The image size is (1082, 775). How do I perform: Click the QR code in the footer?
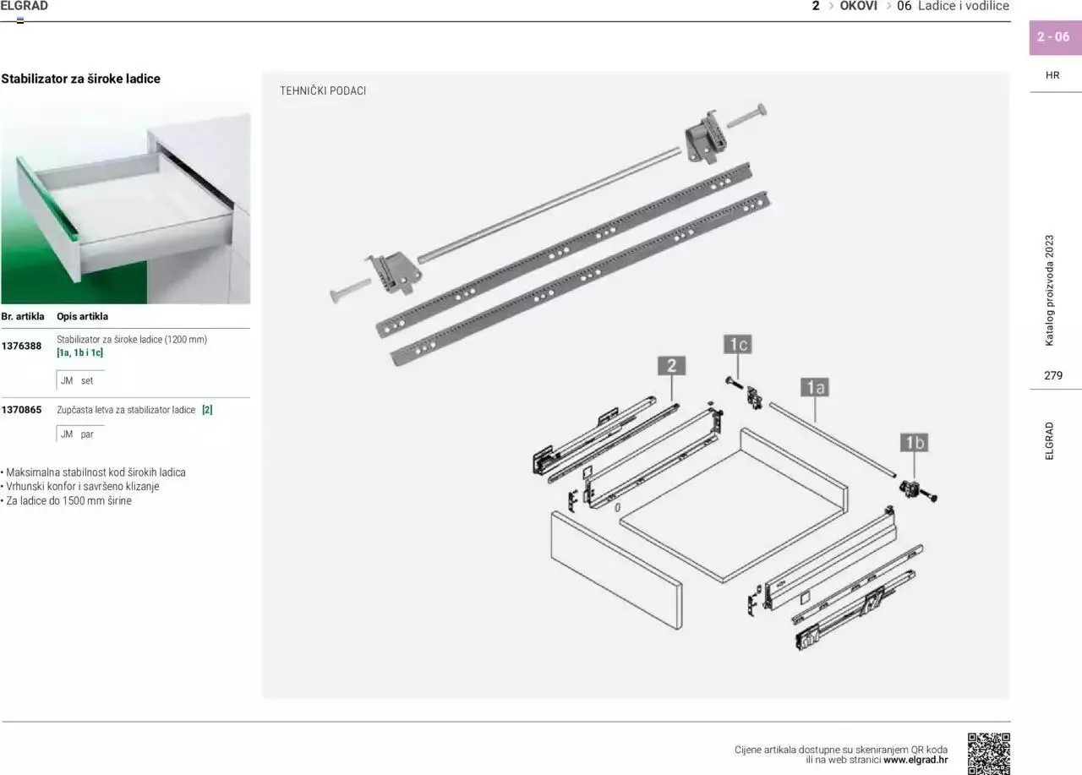(989, 754)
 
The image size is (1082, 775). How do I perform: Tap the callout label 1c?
(738, 344)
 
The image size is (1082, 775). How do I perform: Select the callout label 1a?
(815, 387)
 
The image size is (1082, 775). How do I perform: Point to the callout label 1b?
(914, 442)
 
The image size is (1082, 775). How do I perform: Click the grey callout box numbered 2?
(671, 366)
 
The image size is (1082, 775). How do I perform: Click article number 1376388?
(21, 346)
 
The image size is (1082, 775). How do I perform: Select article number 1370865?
(21, 410)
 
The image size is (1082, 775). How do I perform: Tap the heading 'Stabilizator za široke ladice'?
(80, 79)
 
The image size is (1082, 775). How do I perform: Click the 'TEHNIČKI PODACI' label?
(323, 90)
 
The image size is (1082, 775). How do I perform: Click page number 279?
(1053, 375)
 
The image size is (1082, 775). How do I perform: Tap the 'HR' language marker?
(1052, 75)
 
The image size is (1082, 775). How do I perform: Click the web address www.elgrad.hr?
(915, 760)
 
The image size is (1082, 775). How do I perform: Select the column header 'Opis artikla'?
(83, 316)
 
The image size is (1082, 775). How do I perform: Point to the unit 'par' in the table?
(87, 434)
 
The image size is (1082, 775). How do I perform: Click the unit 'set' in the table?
(87, 380)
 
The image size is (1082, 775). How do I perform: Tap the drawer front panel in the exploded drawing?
(616, 570)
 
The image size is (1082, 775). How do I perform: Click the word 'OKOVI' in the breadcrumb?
(858, 6)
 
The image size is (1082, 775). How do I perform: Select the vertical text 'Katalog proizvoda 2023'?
(1049, 290)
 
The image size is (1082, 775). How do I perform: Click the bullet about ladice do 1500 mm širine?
(66, 500)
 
